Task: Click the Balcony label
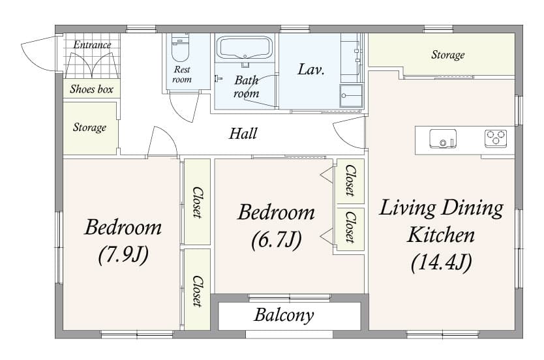point(284,316)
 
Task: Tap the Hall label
point(243,134)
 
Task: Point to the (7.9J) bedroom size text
point(123,254)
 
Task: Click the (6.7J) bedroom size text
point(276,239)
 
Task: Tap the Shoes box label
point(91,89)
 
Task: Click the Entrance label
point(92,45)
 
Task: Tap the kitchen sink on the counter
point(443,139)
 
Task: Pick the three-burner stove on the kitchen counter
point(495,138)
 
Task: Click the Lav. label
point(311,69)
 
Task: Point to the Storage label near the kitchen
point(447,55)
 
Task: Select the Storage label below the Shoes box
point(89,127)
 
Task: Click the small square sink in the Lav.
point(350,96)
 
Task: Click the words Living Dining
point(441,209)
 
